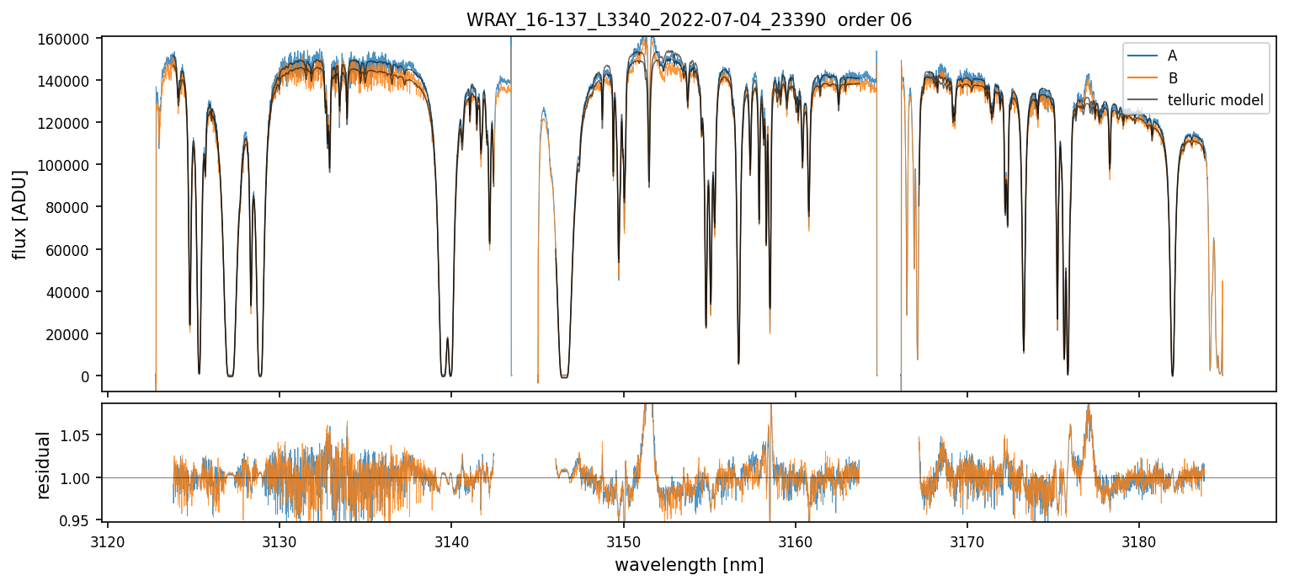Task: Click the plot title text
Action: coord(689,20)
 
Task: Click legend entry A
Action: coord(1172,56)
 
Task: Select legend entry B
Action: coord(1172,78)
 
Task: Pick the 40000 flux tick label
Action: coord(73,292)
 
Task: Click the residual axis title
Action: coord(43,465)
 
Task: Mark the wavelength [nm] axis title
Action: coord(689,564)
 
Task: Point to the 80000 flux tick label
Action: coord(73,207)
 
